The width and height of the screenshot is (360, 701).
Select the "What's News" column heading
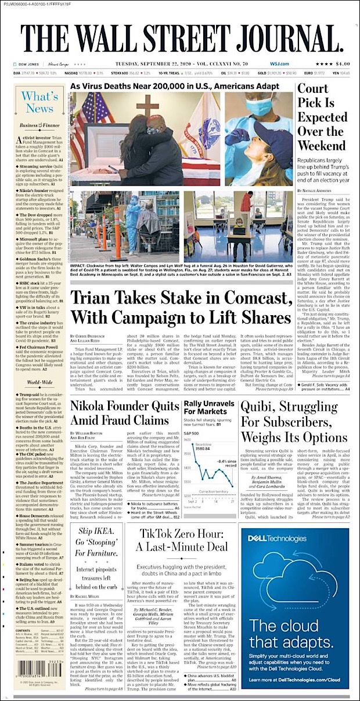pyautogui.click(x=39, y=103)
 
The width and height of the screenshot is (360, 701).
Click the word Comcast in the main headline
pyautogui.click(x=260, y=298)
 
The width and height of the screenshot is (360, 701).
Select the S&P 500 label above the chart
pyautogui.click(x=191, y=433)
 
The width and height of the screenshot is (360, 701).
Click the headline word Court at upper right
pyautogui.click(x=313, y=89)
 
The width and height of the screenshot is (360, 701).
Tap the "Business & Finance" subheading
pyautogui.click(x=38, y=125)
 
